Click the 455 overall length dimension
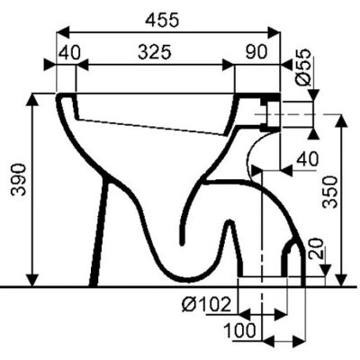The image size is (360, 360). tap(162, 21)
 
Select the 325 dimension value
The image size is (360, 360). tap(155, 52)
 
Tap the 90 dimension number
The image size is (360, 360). tap(256, 51)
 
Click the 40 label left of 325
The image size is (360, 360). tap(69, 53)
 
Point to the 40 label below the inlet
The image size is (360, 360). tap(307, 158)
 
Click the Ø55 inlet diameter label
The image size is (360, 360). tap(302, 67)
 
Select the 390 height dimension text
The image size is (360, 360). tap(19, 179)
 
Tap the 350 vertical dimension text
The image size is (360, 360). tap(329, 192)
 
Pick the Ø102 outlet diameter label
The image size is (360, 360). tap(206, 305)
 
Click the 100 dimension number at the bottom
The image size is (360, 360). tap(240, 330)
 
